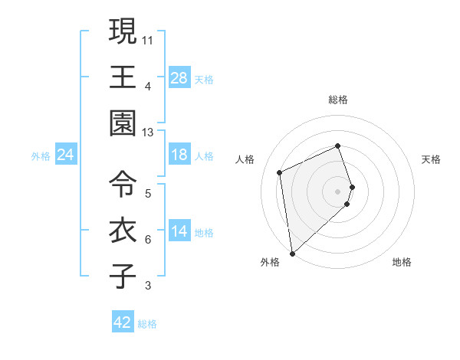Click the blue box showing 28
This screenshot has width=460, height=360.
click(179, 78)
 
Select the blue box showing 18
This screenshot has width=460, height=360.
click(179, 155)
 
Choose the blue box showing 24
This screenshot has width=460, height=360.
click(66, 155)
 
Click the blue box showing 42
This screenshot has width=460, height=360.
click(123, 322)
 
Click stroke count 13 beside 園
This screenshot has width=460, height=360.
click(148, 133)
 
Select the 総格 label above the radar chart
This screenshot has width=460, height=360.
click(338, 100)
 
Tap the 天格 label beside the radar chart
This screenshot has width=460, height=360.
click(431, 159)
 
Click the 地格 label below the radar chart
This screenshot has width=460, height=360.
click(402, 263)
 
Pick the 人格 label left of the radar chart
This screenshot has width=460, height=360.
click(245, 159)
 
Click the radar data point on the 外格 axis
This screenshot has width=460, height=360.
click(291, 253)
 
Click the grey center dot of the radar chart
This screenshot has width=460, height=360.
click(338, 190)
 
